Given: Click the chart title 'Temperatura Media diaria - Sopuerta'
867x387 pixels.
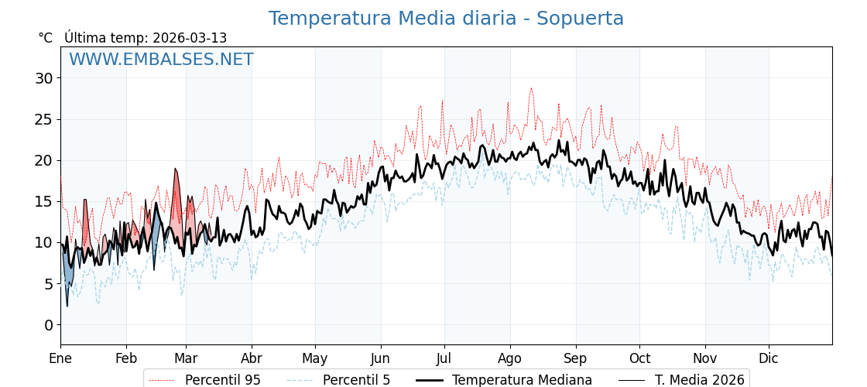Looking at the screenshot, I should point(446,19).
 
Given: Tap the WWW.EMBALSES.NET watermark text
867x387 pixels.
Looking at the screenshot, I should point(161,60).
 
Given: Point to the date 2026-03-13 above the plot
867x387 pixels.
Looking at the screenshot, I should point(190,38).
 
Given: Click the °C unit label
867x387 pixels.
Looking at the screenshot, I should point(45,38).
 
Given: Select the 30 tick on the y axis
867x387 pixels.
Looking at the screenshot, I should point(43,78).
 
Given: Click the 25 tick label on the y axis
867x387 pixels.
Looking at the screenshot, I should point(43,119).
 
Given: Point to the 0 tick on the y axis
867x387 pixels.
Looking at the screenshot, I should point(48,325).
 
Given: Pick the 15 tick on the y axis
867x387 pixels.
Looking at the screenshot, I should point(43,201).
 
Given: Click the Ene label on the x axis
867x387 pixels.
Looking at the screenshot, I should point(60,358).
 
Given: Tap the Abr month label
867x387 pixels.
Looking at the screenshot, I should point(252,358).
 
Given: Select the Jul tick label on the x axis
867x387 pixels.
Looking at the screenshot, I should point(444,358).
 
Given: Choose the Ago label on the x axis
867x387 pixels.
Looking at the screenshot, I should point(510,358).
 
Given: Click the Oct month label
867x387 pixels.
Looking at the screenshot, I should point(639,358).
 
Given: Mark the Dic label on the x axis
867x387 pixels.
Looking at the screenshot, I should point(769,358).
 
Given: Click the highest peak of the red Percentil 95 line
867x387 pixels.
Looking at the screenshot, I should point(531,88).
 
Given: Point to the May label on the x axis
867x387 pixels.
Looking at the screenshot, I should point(315,358).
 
